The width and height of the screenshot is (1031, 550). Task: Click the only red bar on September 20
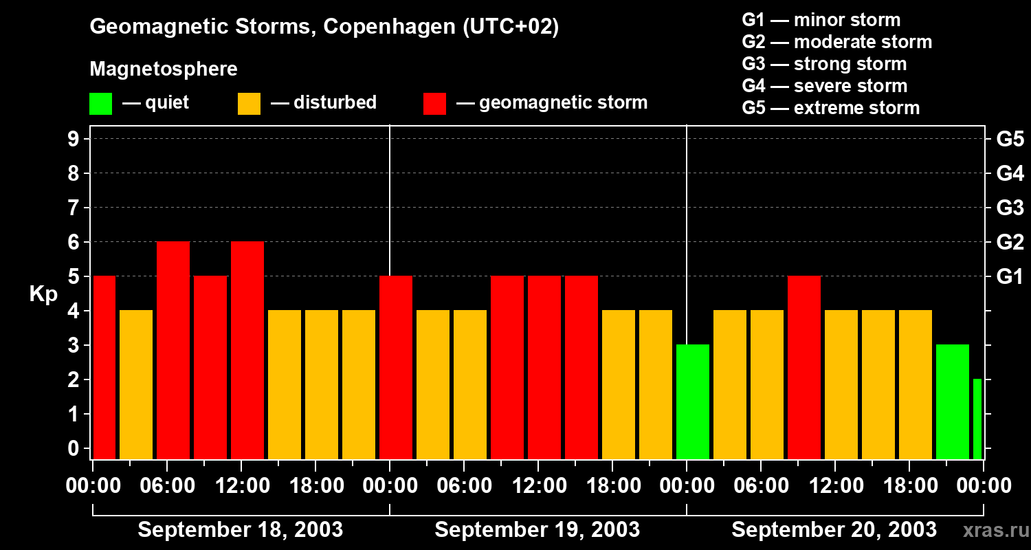click(804, 367)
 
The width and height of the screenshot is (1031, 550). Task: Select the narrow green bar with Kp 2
click(977, 419)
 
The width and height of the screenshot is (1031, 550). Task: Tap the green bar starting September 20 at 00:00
click(693, 401)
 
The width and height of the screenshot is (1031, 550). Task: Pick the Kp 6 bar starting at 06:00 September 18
click(173, 350)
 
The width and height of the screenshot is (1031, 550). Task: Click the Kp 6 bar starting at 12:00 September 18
click(247, 350)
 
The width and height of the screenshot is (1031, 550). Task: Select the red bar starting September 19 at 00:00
click(396, 367)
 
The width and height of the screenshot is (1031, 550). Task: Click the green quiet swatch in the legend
click(100, 104)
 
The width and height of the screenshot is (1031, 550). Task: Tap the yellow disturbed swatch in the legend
click(249, 104)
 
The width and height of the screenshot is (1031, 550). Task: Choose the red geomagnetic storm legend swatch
click(435, 104)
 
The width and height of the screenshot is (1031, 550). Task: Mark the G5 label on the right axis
click(1010, 139)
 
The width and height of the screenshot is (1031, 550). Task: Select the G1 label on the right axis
click(1010, 276)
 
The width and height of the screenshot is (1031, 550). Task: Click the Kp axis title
click(43, 294)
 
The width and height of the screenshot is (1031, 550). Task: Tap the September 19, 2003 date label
click(537, 529)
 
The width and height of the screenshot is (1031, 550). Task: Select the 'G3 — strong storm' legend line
click(824, 64)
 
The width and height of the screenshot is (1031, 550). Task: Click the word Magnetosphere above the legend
click(164, 69)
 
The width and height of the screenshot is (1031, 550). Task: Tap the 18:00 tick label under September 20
click(909, 485)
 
